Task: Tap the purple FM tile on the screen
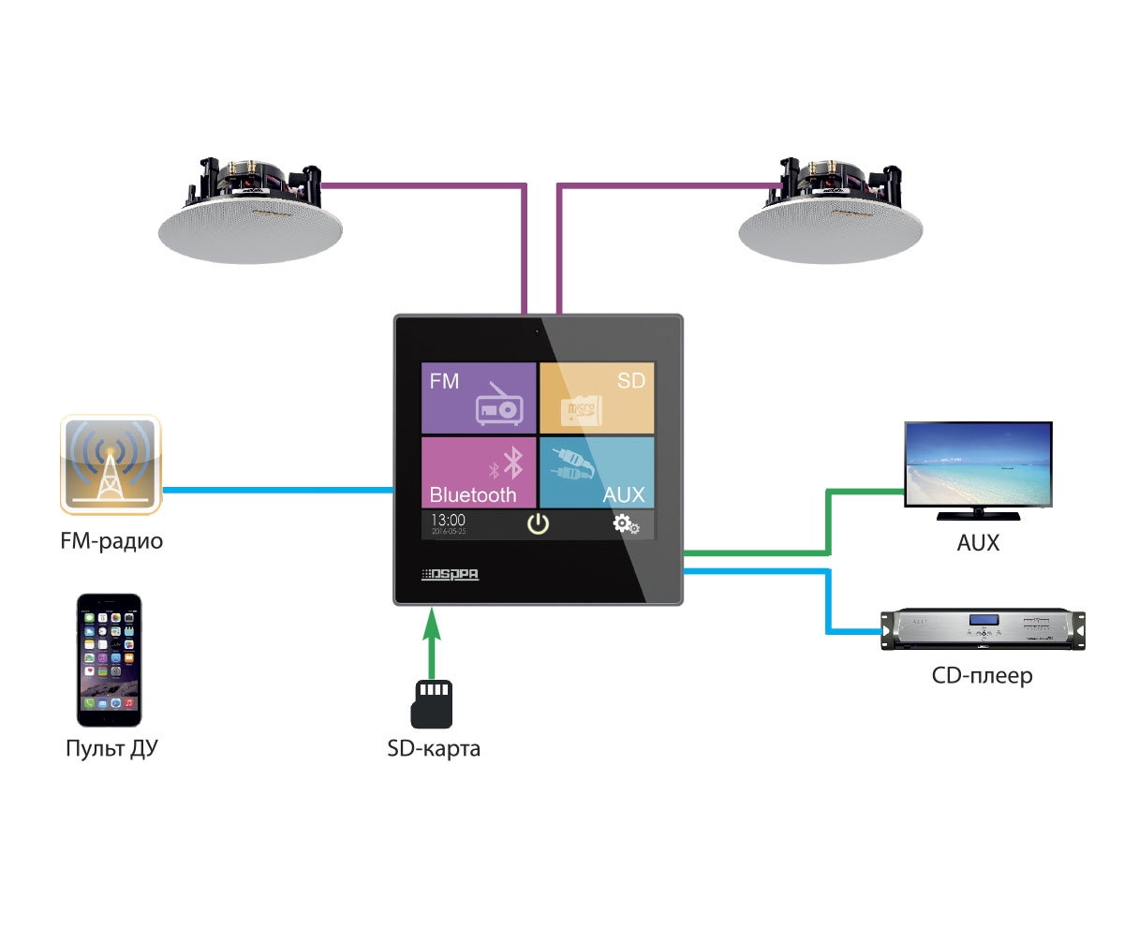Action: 479,398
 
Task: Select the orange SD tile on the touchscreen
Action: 597,398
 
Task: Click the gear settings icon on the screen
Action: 626,524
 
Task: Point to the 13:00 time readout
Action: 448,521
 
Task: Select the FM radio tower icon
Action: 111,465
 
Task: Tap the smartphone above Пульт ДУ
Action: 109,659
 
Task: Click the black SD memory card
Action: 432,703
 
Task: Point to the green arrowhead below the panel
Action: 431,623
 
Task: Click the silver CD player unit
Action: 983,630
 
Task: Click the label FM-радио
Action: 111,540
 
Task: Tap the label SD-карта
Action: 434,749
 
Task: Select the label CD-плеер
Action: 982,674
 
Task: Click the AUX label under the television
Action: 977,541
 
